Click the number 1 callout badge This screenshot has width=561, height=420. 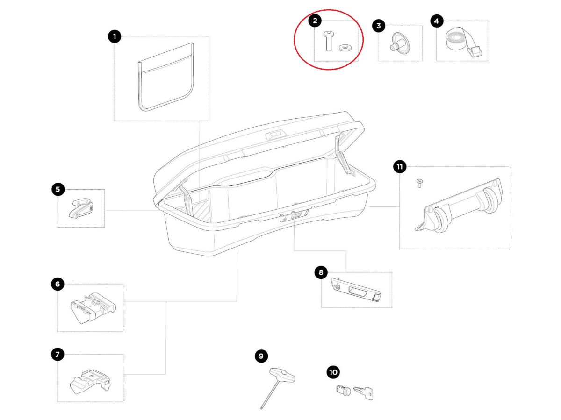pos(115,36)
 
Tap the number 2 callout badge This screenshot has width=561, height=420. pos(315,21)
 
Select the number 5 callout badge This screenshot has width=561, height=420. pos(58,189)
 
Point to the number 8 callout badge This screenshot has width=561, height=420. pos(321,272)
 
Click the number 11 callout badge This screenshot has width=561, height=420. pos(400,167)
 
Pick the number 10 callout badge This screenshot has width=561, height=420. pos(333,372)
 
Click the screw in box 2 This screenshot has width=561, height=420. pos(328,41)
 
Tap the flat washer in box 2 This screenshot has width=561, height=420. pos(345,48)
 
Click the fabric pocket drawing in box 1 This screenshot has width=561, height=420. pos(166,77)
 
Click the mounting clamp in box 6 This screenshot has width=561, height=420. pos(93,308)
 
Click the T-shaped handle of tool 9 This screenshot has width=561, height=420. pos(282,375)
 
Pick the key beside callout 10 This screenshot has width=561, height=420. pos(364,393)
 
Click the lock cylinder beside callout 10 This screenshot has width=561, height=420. pos(343,391)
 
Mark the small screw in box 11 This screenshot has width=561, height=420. pos(419,183)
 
